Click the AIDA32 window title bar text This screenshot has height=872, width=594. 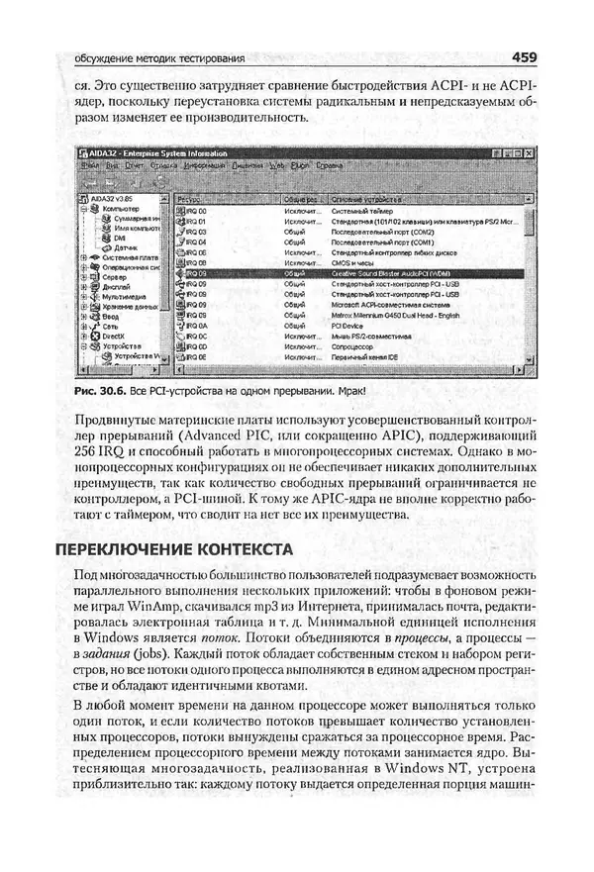(159, 153)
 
